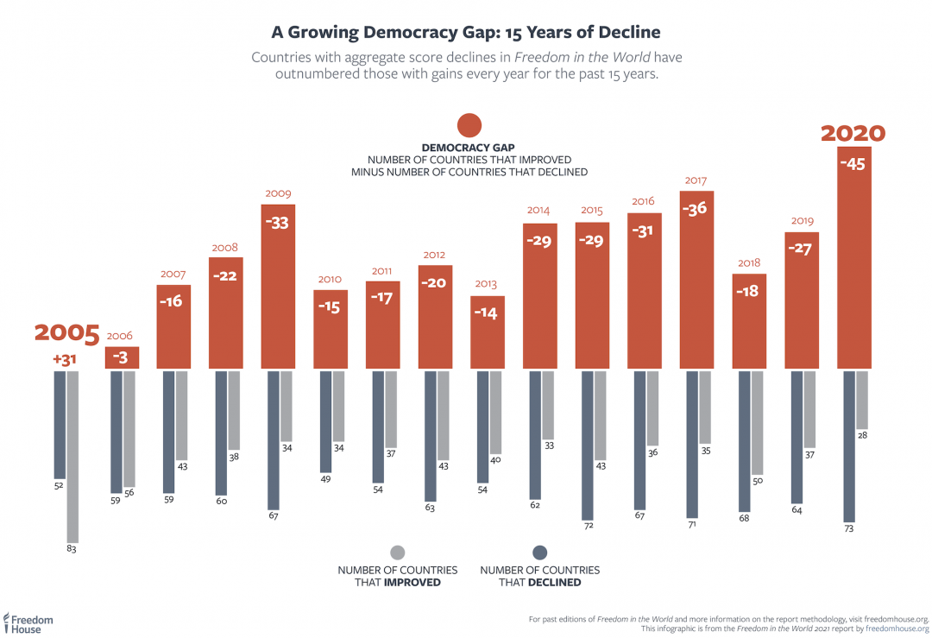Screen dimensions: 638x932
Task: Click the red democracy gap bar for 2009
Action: [x=278, y=287]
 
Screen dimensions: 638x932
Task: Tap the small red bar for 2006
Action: [x=121, y=357]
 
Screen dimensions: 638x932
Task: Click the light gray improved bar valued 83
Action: [x=72, y=454]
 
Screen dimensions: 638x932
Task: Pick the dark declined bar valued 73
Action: [x=849, y=445]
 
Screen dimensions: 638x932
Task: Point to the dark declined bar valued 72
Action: [x=588, y=445]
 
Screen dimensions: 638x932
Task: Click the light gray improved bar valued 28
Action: [x=861, y=400]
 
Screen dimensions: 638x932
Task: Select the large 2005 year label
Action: [x=67, y=333]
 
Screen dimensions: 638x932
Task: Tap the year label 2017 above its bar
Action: [x=696, y=180]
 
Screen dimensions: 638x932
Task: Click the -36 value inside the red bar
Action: [x=696, y=208]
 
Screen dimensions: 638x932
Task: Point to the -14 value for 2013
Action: [x=487, y=313]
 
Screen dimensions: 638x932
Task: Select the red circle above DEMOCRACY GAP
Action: [x=469, y=125]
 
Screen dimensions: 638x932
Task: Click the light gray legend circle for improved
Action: [x=398, y=553]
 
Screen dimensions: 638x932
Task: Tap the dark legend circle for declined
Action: [x=540, y=553]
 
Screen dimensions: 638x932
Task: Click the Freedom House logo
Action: [x=28, y=622]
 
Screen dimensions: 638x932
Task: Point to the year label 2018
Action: [x=748, y=262]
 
